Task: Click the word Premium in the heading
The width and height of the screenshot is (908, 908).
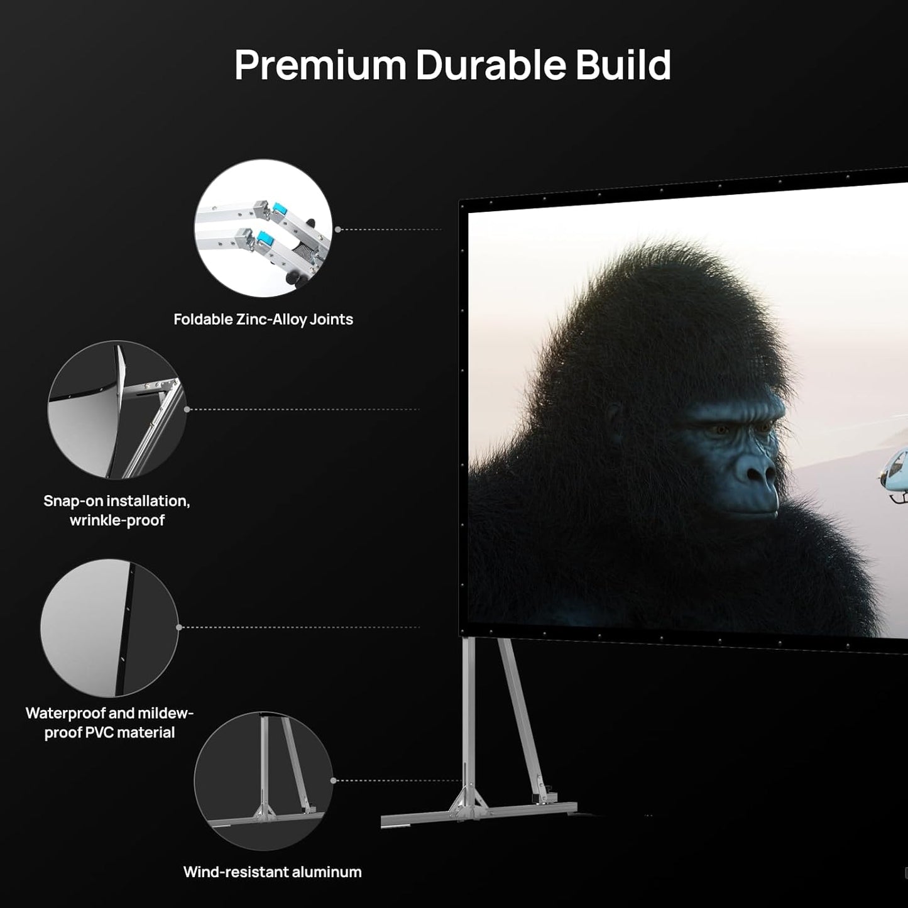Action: point(320,65)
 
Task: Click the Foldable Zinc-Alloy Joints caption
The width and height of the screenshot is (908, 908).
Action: point(263,319)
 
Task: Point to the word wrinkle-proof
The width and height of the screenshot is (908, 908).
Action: point(117,520)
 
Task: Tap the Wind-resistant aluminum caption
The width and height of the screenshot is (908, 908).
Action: point(272,872)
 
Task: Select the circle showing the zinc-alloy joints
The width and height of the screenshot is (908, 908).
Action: point(263,228)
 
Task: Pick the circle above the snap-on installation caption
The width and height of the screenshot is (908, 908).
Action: point(117,410)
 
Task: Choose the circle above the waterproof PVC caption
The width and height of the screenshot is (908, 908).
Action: point(109,628)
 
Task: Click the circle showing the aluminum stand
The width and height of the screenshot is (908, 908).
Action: point(263,781)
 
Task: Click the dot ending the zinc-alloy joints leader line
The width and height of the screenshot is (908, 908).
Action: point(338,229)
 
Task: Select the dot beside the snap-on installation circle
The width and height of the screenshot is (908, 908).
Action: point(187,410)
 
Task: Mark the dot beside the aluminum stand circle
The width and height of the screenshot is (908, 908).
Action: point(334,780)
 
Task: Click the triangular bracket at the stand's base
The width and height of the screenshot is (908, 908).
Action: point(468,802)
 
